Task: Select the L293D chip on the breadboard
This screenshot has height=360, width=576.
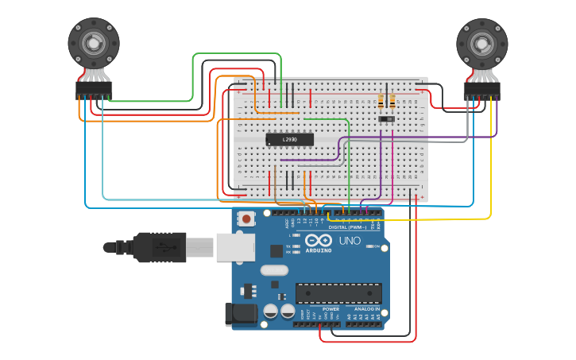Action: [289, 140]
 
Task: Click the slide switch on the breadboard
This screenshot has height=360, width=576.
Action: [387, 120]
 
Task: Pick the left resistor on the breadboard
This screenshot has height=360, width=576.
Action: [381, 101]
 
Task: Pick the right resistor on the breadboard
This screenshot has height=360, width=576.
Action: [392, 101]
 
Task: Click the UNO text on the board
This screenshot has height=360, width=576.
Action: [350, 241]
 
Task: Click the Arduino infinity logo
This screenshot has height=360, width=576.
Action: [319, 242]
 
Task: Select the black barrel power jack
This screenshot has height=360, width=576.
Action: [242, 314]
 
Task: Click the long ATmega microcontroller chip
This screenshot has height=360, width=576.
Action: [338, 293]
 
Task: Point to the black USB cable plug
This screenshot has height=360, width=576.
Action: [159, 247]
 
